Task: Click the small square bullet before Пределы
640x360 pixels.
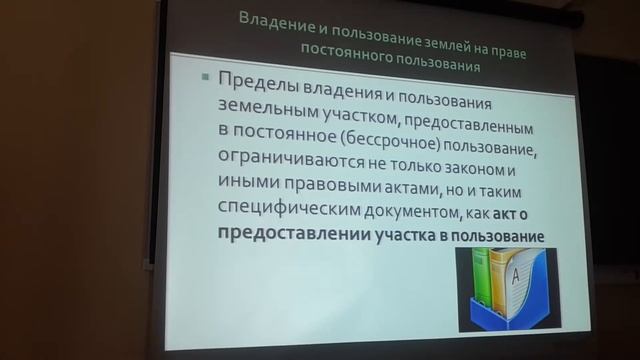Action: pyautogui.click(x=204, y=78)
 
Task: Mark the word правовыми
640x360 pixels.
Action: pyautogui.click(x=324, y=190)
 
